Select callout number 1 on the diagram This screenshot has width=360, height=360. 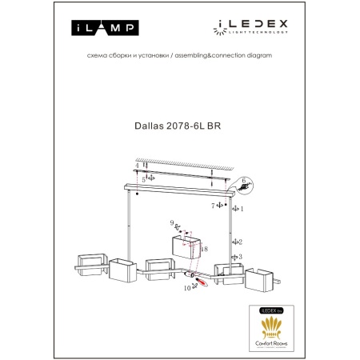[x=242, y=208]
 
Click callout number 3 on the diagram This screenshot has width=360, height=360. [x=241, y=258]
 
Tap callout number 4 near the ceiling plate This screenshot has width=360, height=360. [x=137, y=166]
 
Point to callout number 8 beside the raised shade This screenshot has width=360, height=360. [x=205, y=250]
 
